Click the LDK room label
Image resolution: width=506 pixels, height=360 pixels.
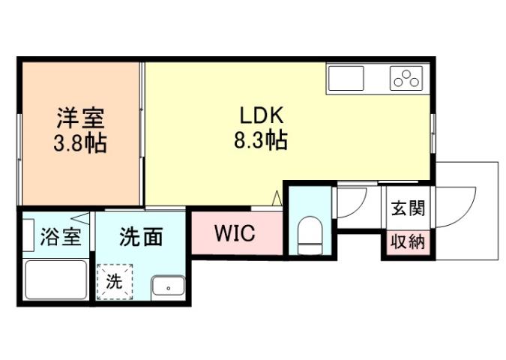(260, 117)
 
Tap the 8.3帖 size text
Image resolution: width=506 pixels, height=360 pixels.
(260, 141)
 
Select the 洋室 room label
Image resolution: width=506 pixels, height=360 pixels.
(79, 118)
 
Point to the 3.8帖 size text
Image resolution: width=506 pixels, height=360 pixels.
(79, 142)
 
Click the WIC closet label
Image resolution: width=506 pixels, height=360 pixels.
(235, 233)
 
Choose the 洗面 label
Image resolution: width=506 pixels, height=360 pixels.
(141, 237)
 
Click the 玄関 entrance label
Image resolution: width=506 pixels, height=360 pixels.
(407, 207)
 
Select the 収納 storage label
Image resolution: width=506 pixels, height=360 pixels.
(407, 242)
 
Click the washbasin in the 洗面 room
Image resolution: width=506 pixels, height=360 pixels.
(168, 286)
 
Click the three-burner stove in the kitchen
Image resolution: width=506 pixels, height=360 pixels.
(406, 78)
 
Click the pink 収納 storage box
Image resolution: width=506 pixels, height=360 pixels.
(407, 243)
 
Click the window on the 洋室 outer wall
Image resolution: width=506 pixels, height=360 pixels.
(20, 135)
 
